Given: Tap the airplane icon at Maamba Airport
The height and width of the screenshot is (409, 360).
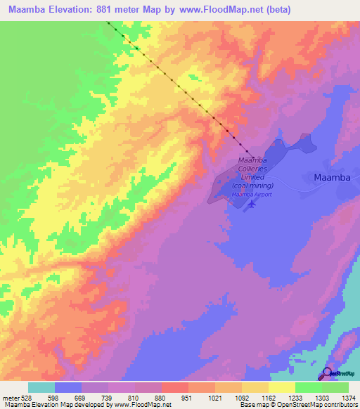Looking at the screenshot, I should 252,204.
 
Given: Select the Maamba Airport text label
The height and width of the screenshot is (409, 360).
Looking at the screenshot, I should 252,194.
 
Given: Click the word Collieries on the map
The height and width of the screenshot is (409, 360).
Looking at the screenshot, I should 252,169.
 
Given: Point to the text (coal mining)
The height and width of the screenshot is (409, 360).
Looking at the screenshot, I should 252,186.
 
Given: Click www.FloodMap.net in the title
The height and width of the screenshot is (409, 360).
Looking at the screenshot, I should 219,9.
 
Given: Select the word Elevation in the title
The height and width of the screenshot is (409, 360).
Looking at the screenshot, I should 74,9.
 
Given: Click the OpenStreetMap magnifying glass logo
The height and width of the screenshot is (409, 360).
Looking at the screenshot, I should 327,373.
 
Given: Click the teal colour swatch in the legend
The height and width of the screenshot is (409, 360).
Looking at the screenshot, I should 41,387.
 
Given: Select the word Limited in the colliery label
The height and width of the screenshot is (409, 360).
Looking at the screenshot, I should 252,177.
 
